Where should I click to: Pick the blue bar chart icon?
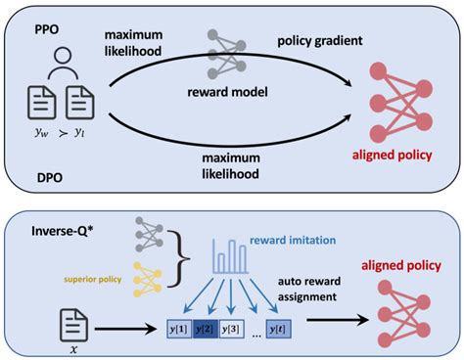click(230, 255)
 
